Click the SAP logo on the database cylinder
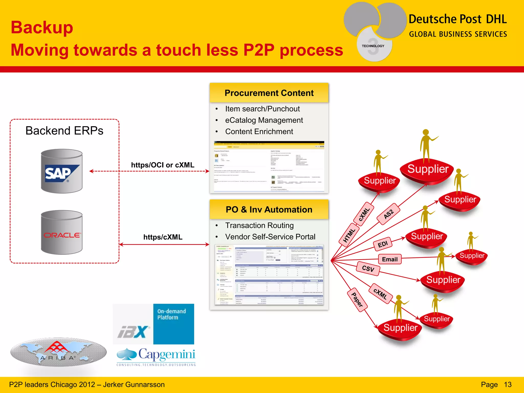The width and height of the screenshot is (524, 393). point(62,173)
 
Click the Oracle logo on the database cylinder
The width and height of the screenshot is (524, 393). point(62,235)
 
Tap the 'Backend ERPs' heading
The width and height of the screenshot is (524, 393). point(64,131)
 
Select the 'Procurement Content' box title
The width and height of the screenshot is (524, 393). point(269,93)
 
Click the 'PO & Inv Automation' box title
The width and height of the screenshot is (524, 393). point(269,210)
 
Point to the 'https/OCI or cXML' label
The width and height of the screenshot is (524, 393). point(163,165)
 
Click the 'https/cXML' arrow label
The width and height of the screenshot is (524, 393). point(163,237)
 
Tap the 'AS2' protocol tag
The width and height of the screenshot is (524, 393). point(388,214)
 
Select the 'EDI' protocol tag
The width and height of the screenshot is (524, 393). point(383,244)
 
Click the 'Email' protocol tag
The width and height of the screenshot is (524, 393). point(390,259)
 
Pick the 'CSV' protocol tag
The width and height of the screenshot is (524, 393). point(368,268)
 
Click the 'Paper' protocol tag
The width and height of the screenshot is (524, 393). point(357,300)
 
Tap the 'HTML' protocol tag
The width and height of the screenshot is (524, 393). point(349,235)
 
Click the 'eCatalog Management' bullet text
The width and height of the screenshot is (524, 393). point(264,120)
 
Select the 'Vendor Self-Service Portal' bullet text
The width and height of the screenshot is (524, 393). point(270,237)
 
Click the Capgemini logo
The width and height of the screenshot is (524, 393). point(156,356)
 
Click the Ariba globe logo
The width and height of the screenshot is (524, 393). point(58,352)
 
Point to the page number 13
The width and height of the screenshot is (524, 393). point(508,385)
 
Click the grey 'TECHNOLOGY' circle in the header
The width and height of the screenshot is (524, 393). point(373,46)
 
